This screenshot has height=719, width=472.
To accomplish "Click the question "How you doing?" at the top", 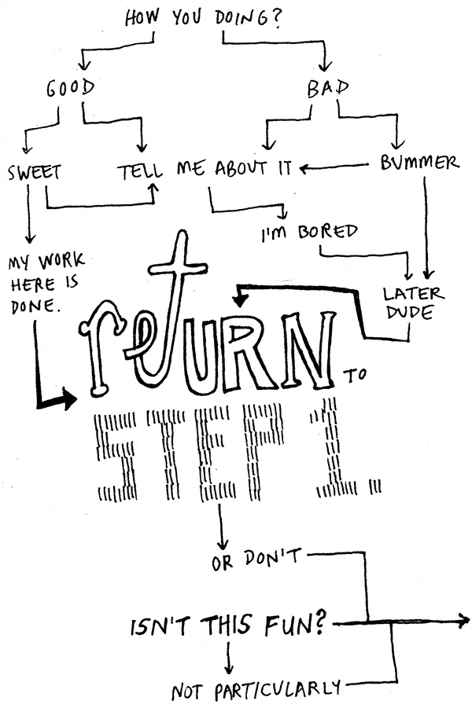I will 203,20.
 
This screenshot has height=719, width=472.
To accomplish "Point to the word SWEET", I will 35,171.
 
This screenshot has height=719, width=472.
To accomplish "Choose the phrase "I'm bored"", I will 309,232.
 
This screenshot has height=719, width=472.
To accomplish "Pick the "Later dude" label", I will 414,303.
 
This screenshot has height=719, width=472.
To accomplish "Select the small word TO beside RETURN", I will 356,375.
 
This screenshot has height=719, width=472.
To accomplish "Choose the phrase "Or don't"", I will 256,561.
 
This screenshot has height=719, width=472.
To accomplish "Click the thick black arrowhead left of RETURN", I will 66,400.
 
